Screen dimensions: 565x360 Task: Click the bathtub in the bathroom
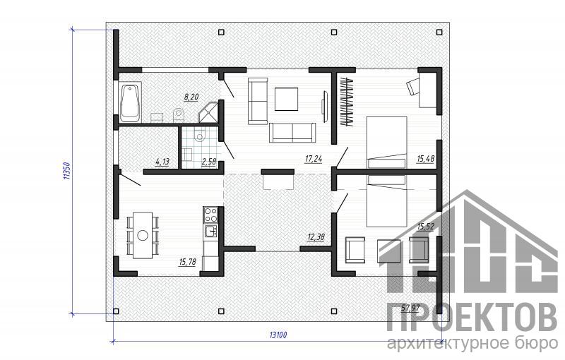click(130, 103)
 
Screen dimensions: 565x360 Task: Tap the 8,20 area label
click(191, 97)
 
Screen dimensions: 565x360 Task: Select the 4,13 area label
click(162, 162)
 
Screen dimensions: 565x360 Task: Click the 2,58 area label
click(208, 162)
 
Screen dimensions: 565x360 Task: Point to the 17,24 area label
click(314, 158)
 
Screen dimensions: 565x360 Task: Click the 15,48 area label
click(426, 158)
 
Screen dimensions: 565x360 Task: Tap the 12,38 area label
click(316, 236)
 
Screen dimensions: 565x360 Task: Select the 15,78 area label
click(187, 262)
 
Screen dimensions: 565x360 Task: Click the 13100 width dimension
click(278, 335)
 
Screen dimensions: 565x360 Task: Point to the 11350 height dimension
click(66, 171)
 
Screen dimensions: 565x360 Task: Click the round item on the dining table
click(143, 236)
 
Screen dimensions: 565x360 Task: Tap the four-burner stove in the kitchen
click(210, 215)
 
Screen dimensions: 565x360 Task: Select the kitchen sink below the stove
click(210, 231)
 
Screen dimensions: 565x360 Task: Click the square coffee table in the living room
click(287, 99)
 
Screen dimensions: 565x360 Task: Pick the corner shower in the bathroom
click(208, 112)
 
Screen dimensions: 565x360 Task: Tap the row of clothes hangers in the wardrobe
click(347, 102)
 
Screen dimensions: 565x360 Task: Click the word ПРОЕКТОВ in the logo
click(472, 317)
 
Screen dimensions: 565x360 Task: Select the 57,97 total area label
click(410, 308)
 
